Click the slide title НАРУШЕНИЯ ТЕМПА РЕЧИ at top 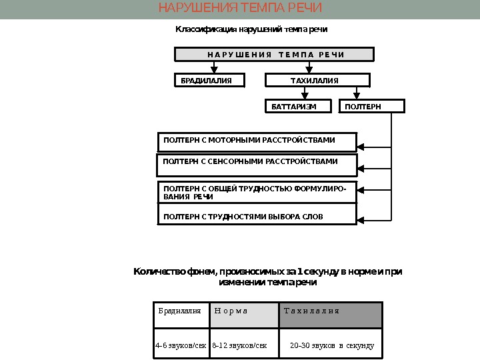click(239, 9)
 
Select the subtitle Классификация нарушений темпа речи click(251, 30)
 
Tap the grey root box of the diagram click(274, 55)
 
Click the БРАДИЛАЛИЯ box click(209, 81)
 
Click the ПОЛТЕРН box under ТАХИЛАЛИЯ click(373, 107)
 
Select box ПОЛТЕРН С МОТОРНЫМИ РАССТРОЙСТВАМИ click(257, 141)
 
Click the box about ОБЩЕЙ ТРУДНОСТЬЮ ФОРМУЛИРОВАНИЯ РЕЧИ click(257, 192)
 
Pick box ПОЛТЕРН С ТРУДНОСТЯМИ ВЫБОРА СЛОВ click(257, 217)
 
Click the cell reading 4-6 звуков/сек click(181, 346)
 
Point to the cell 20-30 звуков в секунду click(331, 346)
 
